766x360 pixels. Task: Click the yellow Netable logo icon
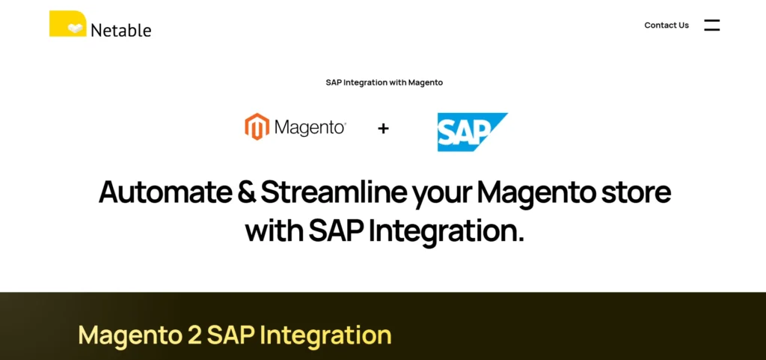[67, 24]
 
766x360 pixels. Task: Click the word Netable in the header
[120, 31]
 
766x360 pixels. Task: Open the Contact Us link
[667, 25]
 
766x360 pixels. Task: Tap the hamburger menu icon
[711, 25]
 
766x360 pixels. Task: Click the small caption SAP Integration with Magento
[384, 82]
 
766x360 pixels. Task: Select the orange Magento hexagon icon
[257, 127]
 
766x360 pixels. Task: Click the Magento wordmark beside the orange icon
[310, 128]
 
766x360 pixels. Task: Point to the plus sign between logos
[383, 129]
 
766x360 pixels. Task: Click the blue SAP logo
[471, 132]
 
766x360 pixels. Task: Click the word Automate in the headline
[165, 192]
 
